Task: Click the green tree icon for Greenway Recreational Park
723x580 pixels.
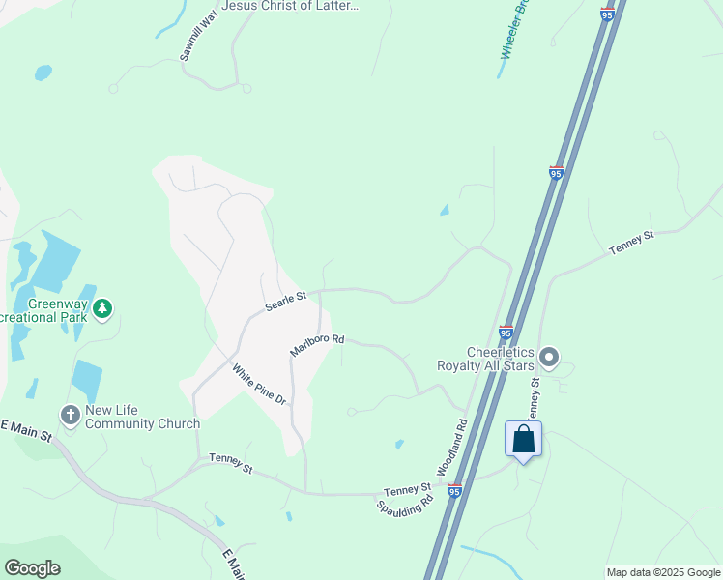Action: click(x=102, y=310)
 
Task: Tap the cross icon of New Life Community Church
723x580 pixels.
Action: click(x=70, y=416)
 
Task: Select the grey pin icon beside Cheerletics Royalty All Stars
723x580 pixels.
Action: click(x=549, y=359)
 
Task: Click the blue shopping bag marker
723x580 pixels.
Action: click(x=523, y=440)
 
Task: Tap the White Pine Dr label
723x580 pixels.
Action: click(x=259, y=383)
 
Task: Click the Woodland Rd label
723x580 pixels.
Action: click(x=451, y=446)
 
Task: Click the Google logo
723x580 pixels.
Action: click(x=32, y=568)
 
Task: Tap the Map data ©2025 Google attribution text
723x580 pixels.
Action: click(x=662, y=572)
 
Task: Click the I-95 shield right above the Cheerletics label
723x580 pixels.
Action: click(x=506, y=333)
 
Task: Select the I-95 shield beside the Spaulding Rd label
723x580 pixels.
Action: click(x=454, y=492)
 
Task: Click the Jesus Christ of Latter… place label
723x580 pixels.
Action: click(x=290, y=6)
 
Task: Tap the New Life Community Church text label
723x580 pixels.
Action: click(x=142, y=417)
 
